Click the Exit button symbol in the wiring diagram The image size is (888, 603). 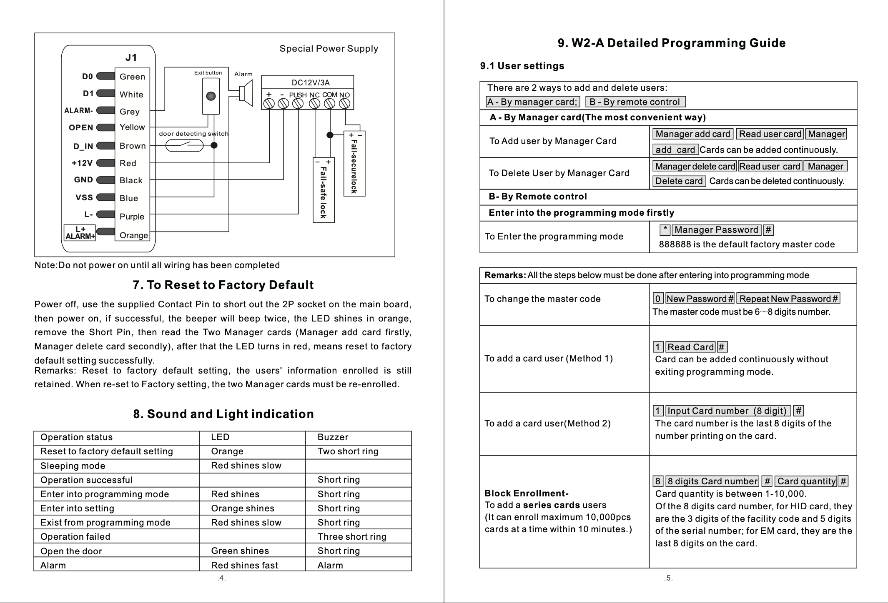coord(211,96)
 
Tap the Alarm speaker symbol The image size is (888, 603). coord(246,93)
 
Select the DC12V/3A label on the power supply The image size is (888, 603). coord(310,82)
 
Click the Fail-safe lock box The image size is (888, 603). coord(324,190)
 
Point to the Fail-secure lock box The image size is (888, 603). coord(354,164)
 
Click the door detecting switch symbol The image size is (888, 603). coord(184,145)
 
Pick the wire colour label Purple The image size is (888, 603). coord(132,217)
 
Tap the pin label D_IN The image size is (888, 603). coord(83,146)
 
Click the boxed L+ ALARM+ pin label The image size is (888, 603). coord(80,233)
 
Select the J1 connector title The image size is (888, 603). coord(131,57)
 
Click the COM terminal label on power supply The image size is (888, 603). coord(329,95)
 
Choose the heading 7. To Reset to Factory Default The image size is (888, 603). coord(223,285)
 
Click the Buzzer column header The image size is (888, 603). coord(333,437)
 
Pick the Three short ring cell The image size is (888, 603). coord(352,537)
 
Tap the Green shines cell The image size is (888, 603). coord(240,551)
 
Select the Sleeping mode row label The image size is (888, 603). coord(73,466)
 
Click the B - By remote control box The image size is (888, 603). coord(635,102)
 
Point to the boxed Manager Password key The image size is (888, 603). coord(716,230)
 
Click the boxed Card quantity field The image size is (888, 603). coord(806,481)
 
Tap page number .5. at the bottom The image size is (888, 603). coord(668,578)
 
